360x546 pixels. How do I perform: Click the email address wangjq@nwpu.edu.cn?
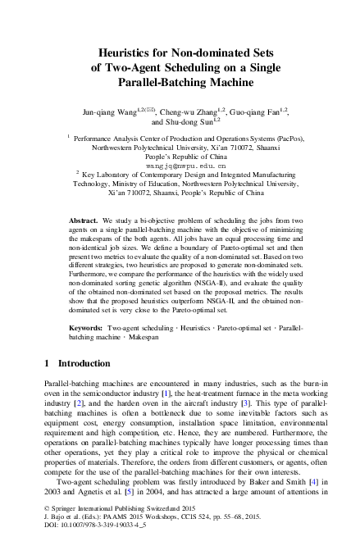pos(180,164)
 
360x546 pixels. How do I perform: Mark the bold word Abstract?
pos(84,222)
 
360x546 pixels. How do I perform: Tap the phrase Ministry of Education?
pos(165,184)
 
